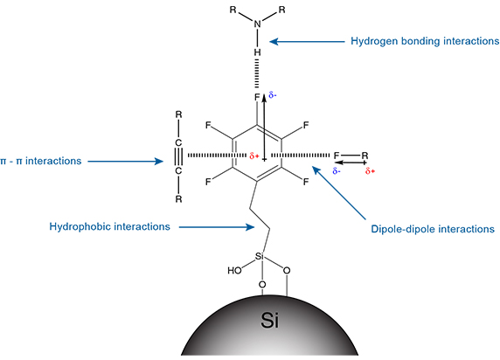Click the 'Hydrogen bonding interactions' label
click(x=425, y=41)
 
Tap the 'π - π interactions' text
click(x=41, y=161)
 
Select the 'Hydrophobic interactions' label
click(x=109, y=226)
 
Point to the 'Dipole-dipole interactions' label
click(x=433, y=229)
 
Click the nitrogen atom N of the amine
click(x=257, y=24)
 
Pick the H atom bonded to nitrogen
click(x=257, y=52)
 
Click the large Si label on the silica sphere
click(x=270, y=320)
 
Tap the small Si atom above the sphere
click(x=260, y=256)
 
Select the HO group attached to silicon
click(x=234, y=271)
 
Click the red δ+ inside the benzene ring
click(x=254, y=156)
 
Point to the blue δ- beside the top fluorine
click(x=273, y=94)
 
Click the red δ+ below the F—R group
click(x=370, y=171)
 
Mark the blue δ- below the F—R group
click(x=337, y=171)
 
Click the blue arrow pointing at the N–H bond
click(x=307, y=41)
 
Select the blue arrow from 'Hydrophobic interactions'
click(x=217, y=227)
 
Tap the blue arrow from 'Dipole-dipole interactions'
click(x=339, y=193)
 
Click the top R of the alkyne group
click(x=178, y=114)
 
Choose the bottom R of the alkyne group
click(x=178, y=199)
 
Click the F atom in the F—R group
click(x=336, y=156)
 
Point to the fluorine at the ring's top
click(x=257, y=98)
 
